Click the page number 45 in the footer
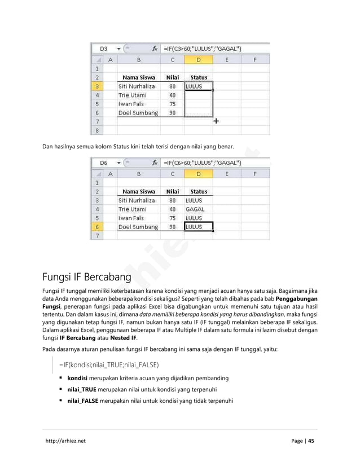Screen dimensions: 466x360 point(311,441)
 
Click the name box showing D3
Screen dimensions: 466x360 point(104,49)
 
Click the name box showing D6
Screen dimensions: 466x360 point(104,163)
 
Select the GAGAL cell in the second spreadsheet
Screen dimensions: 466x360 point(195,209)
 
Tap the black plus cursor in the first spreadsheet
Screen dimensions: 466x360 point(216,121)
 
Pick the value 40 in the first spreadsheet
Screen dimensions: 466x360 point(172,95)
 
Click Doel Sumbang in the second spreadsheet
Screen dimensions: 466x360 point(138,227)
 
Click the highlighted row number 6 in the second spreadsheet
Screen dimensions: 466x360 point(97,227)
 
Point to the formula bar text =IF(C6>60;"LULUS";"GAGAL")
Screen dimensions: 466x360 point(203,163)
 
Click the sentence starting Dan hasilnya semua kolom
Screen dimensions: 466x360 point(138,148)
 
